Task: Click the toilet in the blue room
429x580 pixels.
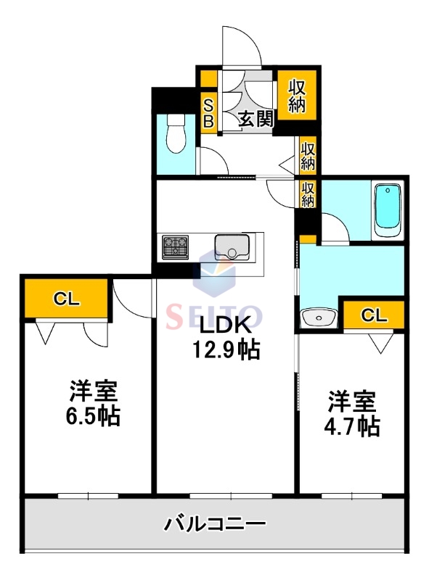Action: [x=174, y=135]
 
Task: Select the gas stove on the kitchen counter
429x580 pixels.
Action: [x=175, y=246]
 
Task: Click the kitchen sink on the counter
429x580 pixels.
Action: [x=232, y=246]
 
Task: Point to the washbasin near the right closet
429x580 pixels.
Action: [x=317, y=317]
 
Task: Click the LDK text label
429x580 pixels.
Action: [x=226, y=324]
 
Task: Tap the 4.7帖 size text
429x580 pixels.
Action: [x=351, y=426]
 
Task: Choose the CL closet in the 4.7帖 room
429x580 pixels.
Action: [x=373, y=314]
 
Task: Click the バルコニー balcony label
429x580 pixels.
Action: [x=215, y=523]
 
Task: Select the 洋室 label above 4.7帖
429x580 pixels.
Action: [x=351, y=401]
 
